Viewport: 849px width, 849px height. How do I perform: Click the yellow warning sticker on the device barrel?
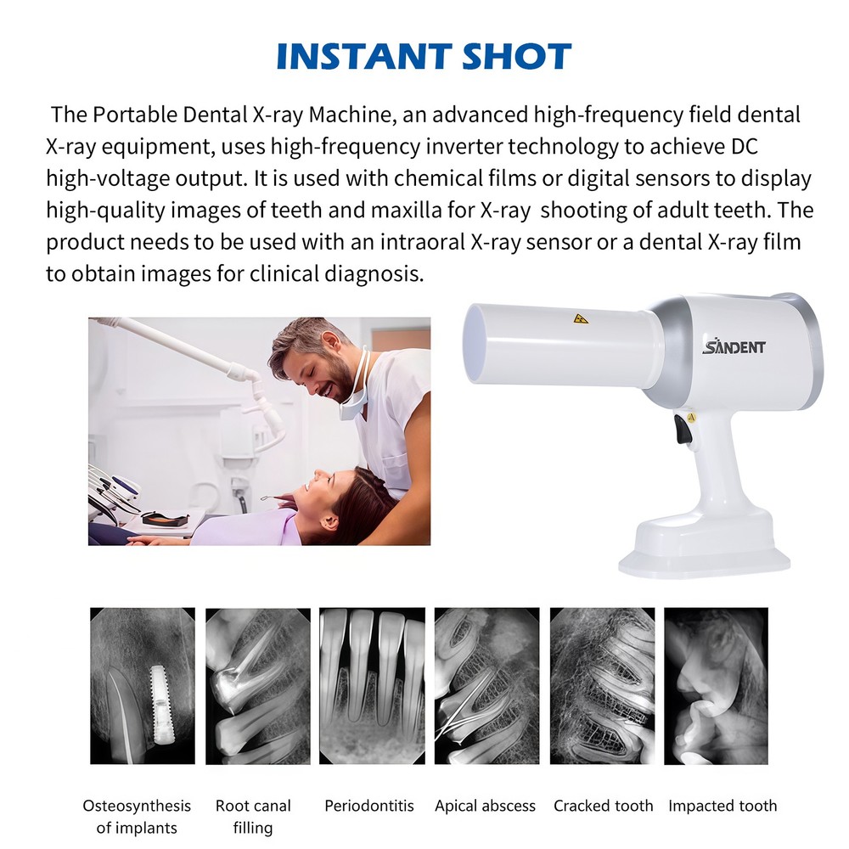tap(581, 319)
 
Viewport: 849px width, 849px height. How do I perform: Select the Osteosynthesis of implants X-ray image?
tap(143, 685)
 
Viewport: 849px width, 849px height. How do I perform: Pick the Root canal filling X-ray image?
tap(258, 685)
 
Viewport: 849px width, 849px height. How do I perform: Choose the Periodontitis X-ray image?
tap(372, 685)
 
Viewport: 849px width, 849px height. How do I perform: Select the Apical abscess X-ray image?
tap(486, 685)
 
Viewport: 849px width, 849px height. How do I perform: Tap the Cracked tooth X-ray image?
tap(602, 685)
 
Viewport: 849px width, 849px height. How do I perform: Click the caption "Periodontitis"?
tap(372, 806)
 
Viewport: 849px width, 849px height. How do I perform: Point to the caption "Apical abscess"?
tap(485, 806)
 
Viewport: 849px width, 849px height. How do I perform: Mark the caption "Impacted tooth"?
tap(722, 806)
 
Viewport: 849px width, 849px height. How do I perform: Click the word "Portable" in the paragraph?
tap(127, 114)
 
